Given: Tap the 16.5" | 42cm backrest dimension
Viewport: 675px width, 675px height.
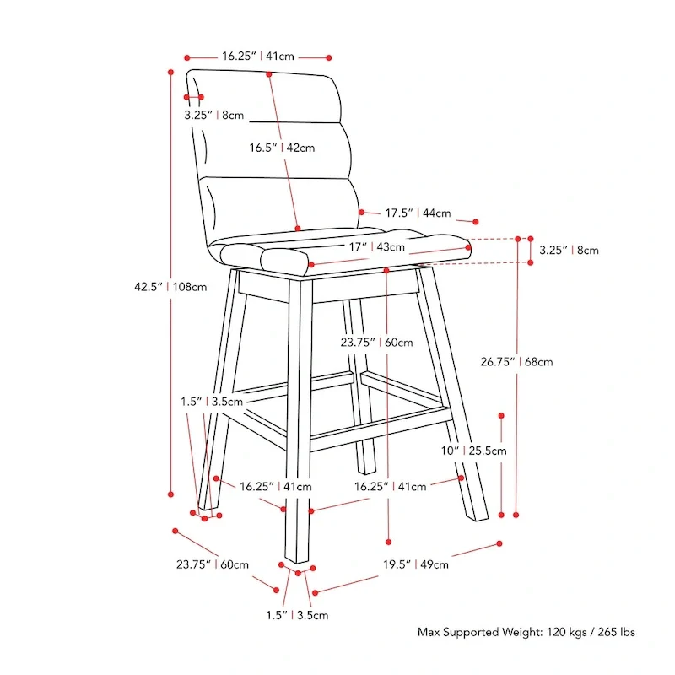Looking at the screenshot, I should click(x=281, y=148).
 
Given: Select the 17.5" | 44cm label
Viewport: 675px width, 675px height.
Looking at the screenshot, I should click(x=418, y=213).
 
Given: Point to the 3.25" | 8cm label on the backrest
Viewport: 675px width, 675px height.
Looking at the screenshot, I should click(x=213, y=115).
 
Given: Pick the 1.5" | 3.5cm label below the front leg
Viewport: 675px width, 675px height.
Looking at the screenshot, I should click(x=297, y=615).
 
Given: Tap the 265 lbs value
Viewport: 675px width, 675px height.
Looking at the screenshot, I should click(x=615, y=631).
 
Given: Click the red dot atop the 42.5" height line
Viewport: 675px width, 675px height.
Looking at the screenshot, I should click(x=171, y=72).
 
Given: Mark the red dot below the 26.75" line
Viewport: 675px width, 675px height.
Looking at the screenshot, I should click(x=516, y=513).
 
